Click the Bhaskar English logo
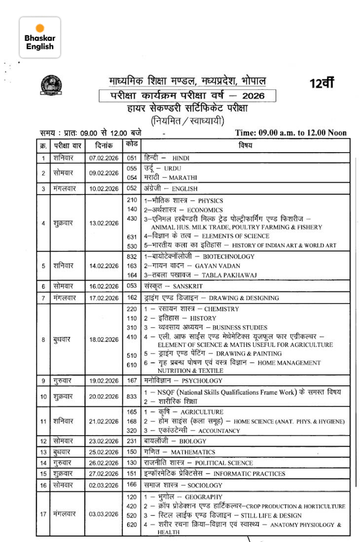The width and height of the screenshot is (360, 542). point(40,38)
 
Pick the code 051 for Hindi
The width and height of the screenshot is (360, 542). point(132,158)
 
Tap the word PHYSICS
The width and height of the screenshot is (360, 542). point(210,201)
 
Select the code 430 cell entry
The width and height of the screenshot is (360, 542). point(132,218)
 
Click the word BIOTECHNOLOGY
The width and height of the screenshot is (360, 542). point(228,256)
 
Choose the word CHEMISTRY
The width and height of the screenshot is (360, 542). point(221,309)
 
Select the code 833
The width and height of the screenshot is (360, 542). point(132,397)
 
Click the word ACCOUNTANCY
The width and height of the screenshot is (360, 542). point(218,431)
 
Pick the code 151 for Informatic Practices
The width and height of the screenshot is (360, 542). point(132,473)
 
